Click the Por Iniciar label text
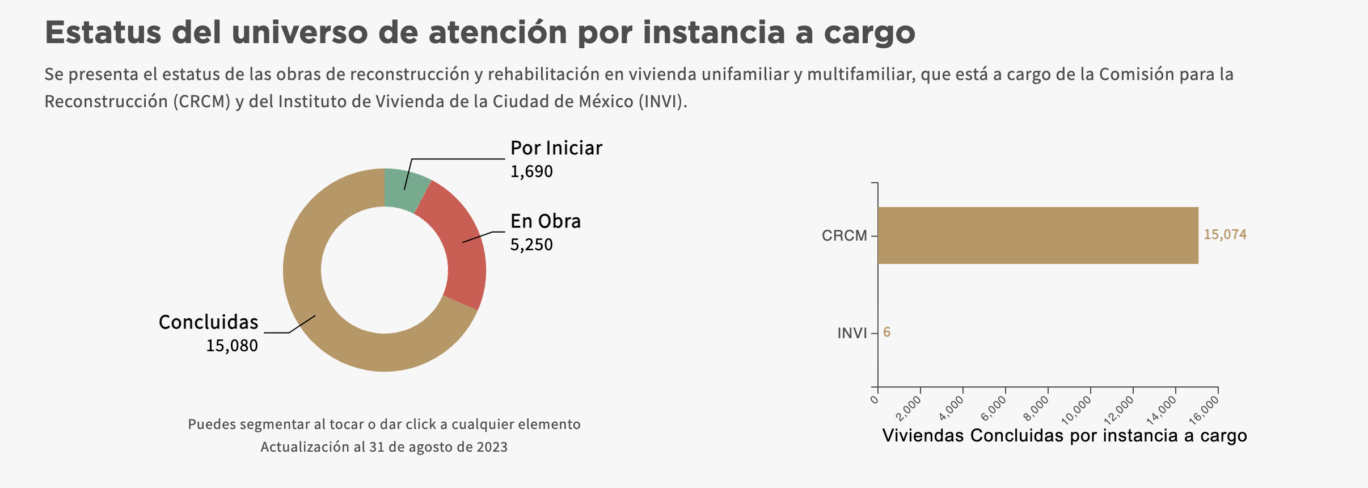[556, 148]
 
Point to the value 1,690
[531, 171]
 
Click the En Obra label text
[545, 221]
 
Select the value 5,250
[531, 245]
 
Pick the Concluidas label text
[208, 322]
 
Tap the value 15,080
[231, 346]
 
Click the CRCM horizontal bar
[1038, 235]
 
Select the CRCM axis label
[844, 235]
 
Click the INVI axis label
[852, 333]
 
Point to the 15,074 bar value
[1225, 235]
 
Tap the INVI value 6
[886, 333]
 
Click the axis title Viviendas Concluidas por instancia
[1065, 435]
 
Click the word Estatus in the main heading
[103, 32]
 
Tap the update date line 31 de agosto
[384, 447]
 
